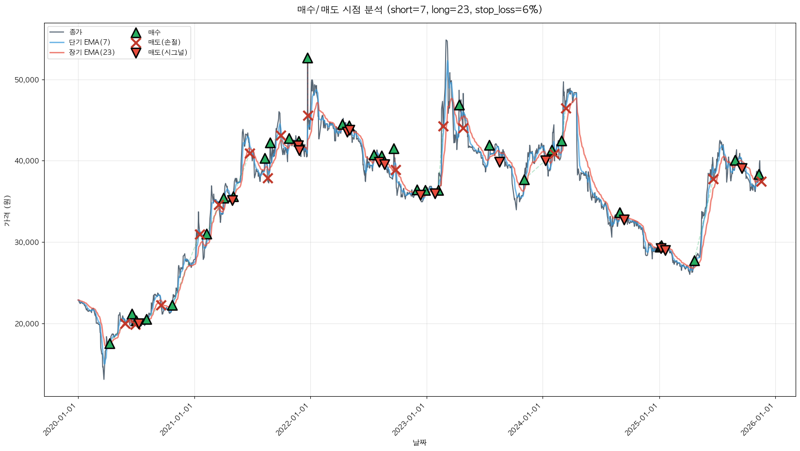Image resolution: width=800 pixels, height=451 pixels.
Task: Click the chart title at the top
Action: [419, 10]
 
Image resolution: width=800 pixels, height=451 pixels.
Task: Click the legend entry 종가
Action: [76, 32]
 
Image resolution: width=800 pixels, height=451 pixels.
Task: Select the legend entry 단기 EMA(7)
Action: [90, 42]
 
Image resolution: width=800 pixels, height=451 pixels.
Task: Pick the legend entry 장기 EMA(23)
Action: [92, 52]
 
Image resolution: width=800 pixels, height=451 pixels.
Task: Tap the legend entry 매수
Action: [154, 32]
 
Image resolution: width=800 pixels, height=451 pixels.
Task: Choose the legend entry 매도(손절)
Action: [164, 42]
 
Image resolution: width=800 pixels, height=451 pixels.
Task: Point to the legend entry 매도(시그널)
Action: [167, 52]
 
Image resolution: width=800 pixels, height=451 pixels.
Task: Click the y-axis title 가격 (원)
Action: [7, 211]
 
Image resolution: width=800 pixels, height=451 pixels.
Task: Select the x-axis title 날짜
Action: [419, 442]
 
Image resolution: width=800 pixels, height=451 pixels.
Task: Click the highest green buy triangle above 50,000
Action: [307, 58]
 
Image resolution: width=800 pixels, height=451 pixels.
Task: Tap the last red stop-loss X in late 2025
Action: [761, 181]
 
